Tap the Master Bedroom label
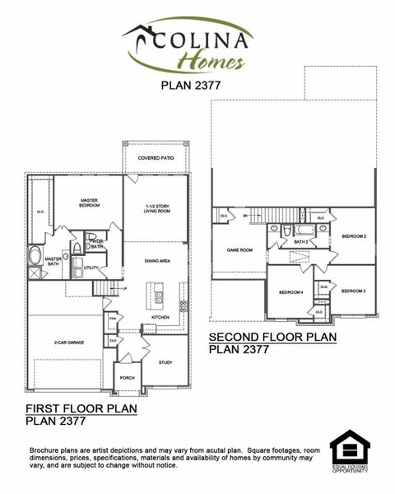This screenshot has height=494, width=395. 89,202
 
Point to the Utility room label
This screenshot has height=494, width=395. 91,268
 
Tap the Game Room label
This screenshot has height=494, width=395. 239,251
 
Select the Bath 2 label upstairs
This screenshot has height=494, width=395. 301,242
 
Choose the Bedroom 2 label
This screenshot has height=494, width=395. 353,236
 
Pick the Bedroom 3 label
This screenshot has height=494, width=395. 353,291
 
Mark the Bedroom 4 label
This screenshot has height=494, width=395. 290,292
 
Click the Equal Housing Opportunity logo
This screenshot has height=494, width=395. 350,454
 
